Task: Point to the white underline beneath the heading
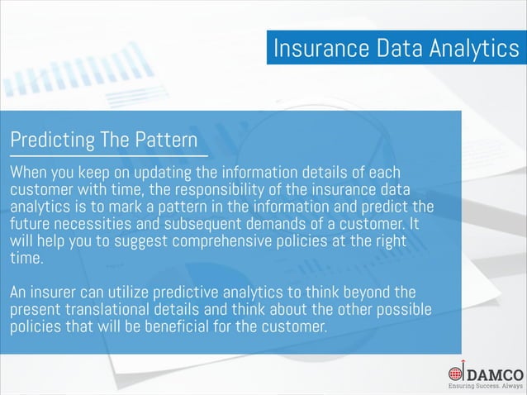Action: pyautogui.click(x=107, y=155)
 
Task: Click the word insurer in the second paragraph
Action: pyautogui.click(x=55, y=293)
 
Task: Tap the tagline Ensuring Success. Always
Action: pyautogui.click(x=485, y=386)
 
